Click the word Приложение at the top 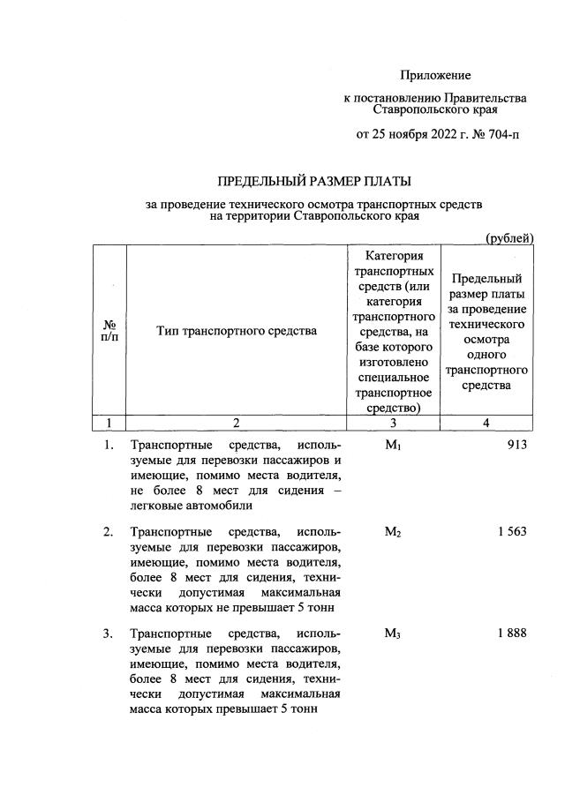(435, 76)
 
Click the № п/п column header (110, 332)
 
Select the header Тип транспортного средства (236, 332)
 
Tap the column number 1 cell (110, 423)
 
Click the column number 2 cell (236, 423)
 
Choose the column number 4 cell (486, 423)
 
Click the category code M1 (394, 445)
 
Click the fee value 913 (516, 445)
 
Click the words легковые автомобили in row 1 (192, 506)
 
